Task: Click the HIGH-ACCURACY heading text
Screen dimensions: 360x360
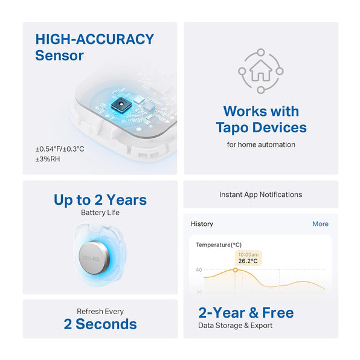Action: (95, 39)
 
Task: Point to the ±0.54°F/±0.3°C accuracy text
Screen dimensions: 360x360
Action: (60, 149)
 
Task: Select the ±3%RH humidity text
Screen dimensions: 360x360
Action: (48, 159)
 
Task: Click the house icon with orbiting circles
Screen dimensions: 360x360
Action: (261, 71)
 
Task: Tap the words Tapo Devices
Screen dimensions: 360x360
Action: (261, 127)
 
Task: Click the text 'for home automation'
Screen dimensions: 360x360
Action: (261, 145)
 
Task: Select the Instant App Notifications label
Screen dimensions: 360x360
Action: (260, 194)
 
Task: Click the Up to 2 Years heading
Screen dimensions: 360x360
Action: (100, 199)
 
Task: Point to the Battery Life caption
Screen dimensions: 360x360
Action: (100, 213)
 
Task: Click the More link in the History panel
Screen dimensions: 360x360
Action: (320, 224)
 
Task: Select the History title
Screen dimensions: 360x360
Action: (202, 224)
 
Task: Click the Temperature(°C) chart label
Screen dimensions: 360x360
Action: (219, 245)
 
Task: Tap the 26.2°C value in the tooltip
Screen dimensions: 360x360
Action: (248, 262)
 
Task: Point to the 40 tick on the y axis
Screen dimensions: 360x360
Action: (199, 270)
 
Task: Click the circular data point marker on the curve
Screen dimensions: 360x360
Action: (236, 269)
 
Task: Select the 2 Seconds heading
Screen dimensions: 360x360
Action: (100, 324)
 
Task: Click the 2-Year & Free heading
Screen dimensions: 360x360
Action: (246, 312)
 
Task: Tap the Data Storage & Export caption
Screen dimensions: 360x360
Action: (235, 326)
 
